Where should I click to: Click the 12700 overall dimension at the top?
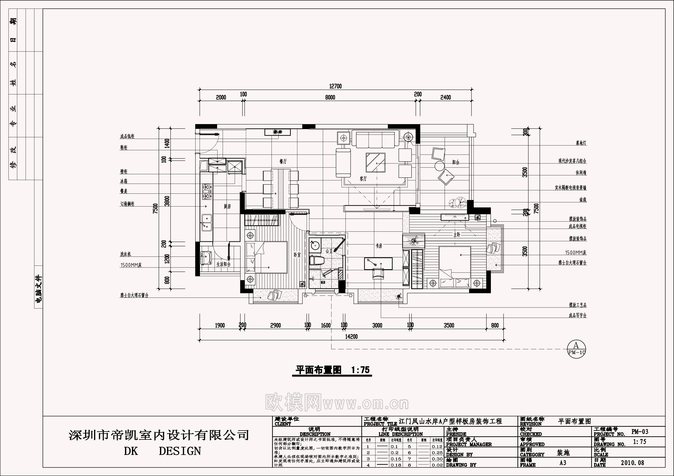coord(335,86)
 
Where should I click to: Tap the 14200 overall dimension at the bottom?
coord(351,337)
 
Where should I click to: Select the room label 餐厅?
coord(283,162)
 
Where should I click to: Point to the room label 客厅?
coord(363,179)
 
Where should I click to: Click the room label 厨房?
coord(227,207)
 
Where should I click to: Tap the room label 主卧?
coord(457,235)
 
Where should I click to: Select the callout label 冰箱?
coord(124,181)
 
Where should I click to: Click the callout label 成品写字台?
coord(577,316)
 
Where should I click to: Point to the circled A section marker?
coord(576,348)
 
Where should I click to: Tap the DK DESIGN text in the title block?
coord(162,451)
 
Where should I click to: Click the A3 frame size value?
coord(563,463)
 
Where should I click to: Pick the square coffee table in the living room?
coord(375,162)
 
